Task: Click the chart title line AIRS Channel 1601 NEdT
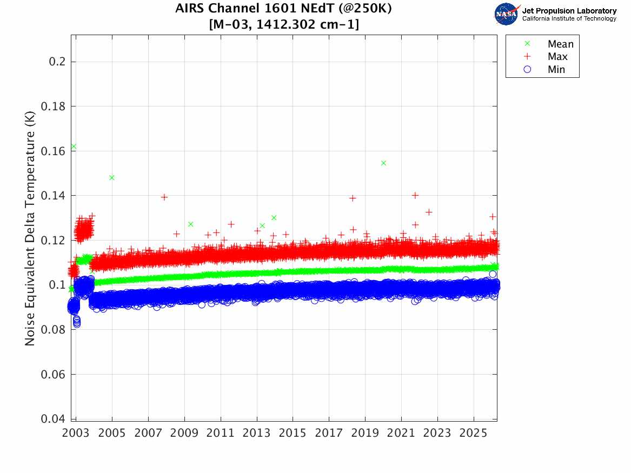(x=283, y=9)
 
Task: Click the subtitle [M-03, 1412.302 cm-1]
(x=283, y=24)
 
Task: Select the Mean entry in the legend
(x=560, y=44)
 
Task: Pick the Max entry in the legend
(x=557, y=57)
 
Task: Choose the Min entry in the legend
(x=556, y=70)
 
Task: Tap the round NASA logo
(x=506, y=14)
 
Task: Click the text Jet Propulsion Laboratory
(x=569, y=11)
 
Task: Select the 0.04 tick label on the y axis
(x=55, y=419)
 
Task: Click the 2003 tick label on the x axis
(x=76, y=434)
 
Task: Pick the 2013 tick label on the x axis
(x=257, y=434)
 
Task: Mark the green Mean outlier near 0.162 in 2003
(x=74, y=146)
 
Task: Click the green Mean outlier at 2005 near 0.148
(x=112, y=177)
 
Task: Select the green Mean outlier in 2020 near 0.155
(x=383, y=163)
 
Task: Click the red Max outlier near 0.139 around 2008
(x=164, y=197)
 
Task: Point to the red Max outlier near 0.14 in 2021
(x=415, y=195)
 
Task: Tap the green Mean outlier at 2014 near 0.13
(x=274, y=218)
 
